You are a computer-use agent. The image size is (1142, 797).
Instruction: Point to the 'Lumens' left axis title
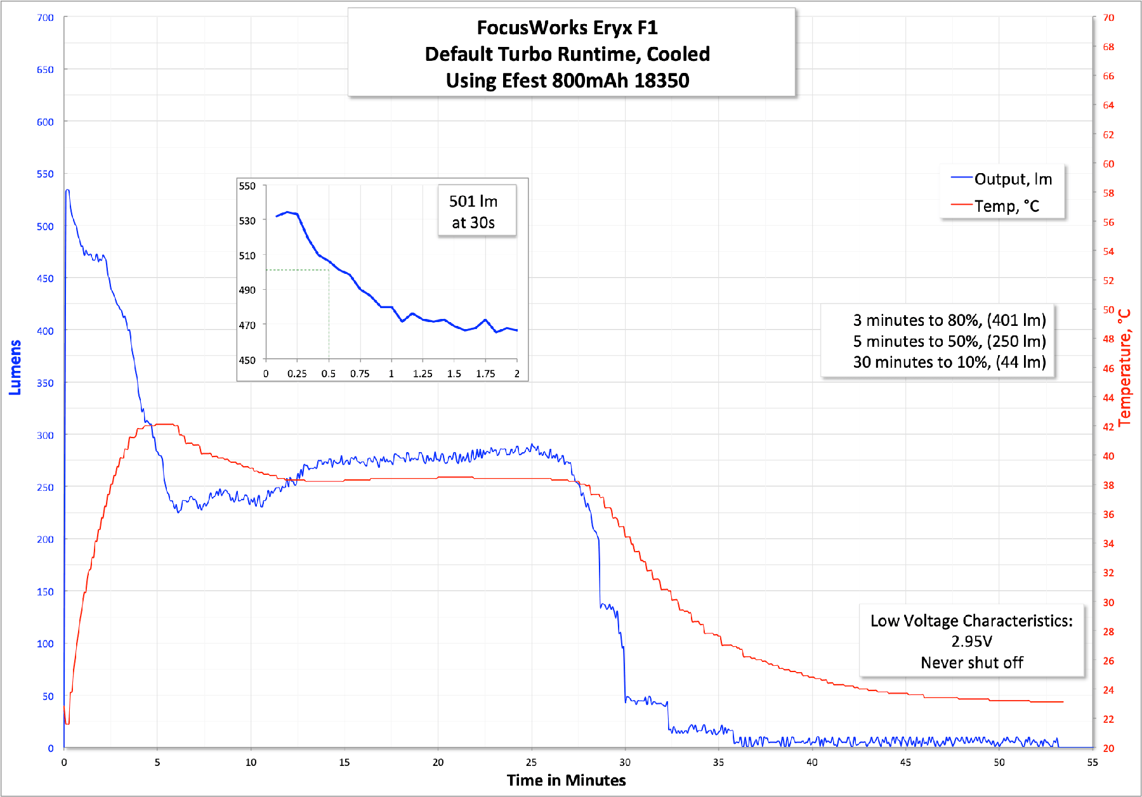15,367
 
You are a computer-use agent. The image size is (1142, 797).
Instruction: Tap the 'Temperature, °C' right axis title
1124,367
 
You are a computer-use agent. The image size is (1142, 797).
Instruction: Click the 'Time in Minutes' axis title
566,780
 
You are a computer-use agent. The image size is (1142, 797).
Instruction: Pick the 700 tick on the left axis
45,18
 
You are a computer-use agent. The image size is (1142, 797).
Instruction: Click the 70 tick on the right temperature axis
1108,18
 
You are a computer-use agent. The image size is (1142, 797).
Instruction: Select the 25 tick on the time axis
531,762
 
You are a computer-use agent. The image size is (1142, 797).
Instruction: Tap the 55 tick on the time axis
1092,762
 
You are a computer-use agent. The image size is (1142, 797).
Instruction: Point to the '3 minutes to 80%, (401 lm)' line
949,320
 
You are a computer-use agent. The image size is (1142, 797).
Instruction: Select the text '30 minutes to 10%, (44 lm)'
949,362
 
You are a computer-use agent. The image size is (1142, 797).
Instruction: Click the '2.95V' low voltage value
971,642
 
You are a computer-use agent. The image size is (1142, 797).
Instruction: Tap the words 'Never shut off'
971,663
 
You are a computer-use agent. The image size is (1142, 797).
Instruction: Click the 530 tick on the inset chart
247,221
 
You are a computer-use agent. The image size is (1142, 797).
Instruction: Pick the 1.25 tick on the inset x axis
423,374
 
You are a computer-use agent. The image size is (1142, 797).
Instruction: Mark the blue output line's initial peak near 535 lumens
67,190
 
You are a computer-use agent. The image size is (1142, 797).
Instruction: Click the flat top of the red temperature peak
165,424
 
